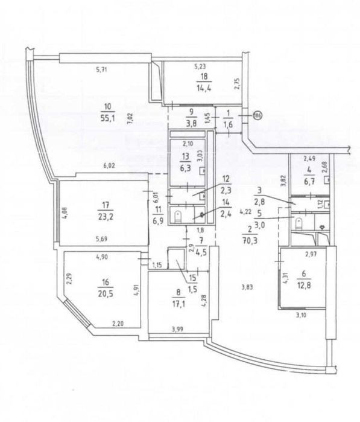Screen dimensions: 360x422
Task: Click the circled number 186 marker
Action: coord(257,115)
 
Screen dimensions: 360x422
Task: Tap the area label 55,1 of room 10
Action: coord(108,118)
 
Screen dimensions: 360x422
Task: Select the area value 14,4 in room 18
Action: coord(204,88)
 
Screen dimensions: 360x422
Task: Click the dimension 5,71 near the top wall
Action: coord(102,69)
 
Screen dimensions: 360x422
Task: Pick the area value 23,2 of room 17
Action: coord(106,216)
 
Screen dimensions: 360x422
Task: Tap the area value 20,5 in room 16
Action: coord(106,293)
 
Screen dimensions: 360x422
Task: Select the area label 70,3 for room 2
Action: coord(251,240)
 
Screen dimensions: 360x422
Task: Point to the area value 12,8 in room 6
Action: coord(303,285)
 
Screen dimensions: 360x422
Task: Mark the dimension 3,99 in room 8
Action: coord(178,328)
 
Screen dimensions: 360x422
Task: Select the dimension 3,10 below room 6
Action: coord(301,315)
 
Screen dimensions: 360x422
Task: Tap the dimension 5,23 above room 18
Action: coord(200,65)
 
